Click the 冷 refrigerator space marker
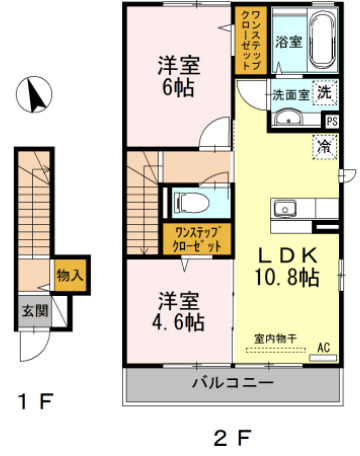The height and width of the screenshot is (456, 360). (325, 146)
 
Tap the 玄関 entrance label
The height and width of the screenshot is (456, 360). (32, 311)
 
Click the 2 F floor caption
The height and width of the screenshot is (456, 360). (228, 436)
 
